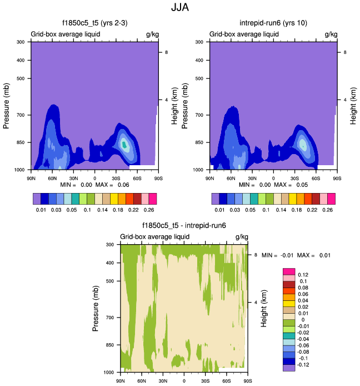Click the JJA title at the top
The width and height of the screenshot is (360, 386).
180,8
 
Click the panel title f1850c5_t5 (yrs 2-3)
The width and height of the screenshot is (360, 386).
95,23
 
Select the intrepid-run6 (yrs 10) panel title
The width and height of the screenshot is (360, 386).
273,23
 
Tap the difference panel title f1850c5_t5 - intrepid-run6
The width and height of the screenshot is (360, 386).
184,225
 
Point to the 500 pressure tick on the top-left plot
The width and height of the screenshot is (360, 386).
20,78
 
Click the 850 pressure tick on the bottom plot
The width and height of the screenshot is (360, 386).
109,345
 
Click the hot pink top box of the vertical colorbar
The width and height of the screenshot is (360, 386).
288,271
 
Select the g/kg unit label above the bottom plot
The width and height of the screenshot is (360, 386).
241,236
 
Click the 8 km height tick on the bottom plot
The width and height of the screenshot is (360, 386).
255,255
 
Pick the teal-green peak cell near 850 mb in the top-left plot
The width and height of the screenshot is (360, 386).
124,145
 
